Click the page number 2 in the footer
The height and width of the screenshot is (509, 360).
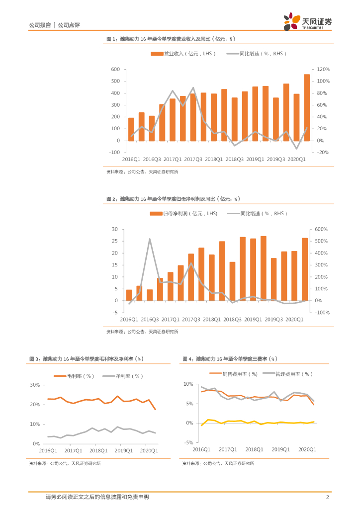(x=327, y=497)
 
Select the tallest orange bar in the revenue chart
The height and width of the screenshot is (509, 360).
(x=306, y=107)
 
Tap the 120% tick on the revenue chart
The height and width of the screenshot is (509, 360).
(x=324, y=70)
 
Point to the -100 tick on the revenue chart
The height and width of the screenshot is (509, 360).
(x=115, y=153)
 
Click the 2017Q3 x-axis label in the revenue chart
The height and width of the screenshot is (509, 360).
(x=192, y=159)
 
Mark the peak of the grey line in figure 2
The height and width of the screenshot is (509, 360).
(x=150, y=239)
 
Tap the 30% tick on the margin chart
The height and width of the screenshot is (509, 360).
(x=35, y=385)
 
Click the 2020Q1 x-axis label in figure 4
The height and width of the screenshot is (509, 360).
(x=307, y=449)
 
